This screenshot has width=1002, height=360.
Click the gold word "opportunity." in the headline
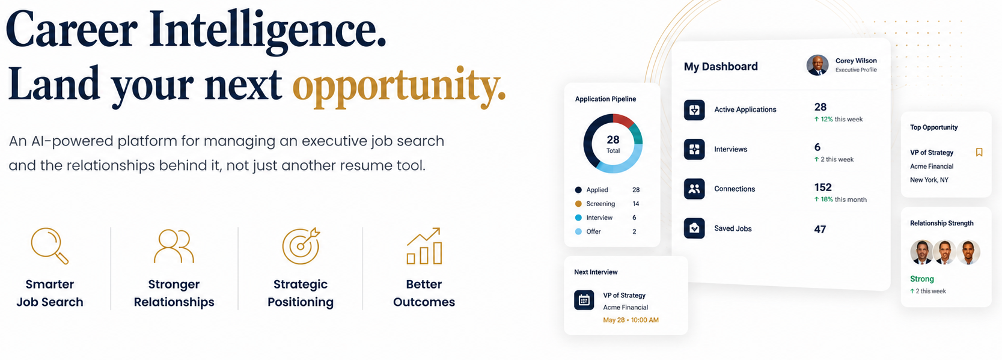[x=399, y=87]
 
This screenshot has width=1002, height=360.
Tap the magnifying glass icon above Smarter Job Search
[x=49, y=246]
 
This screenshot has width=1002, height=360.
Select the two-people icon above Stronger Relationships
[x=174, y=246]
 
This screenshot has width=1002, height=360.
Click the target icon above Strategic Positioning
[x=301, y=246]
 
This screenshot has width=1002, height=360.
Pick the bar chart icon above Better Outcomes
[x=424, y=246]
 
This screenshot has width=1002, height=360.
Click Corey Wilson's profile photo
[x=817, y=66]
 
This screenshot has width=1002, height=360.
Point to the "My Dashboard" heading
[x=721, y=67]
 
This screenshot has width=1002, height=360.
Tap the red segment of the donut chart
[x=623, y=120]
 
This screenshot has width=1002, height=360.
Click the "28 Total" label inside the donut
[x=613, y=144]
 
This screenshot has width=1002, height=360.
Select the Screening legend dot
[x=578, y=204]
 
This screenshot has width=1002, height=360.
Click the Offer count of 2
[x=634, y=231]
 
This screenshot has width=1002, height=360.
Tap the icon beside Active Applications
[x=694, y=110]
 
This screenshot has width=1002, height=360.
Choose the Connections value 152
[x=823, y=188]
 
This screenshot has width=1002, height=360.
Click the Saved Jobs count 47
[x=820, y=230]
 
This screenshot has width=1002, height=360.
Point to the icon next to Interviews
[x=694, y=150]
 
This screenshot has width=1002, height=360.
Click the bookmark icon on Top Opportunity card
[x=979, y=153]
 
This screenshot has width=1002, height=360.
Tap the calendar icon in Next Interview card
[x=584, y=300]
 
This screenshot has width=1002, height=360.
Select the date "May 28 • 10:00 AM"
[x=631, y=320]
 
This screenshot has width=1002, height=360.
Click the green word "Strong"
[x=922, y=279]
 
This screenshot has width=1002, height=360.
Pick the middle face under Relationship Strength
[x=945, y=252]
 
